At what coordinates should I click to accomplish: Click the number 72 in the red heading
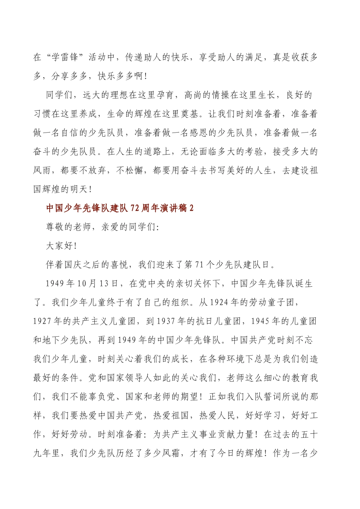(135, 208)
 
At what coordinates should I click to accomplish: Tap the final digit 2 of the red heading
(191, 208)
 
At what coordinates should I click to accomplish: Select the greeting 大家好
(59, 246)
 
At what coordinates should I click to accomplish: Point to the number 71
(199, 265)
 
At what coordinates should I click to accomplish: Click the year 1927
(42, 321)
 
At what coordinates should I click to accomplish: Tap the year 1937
(165, 321)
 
